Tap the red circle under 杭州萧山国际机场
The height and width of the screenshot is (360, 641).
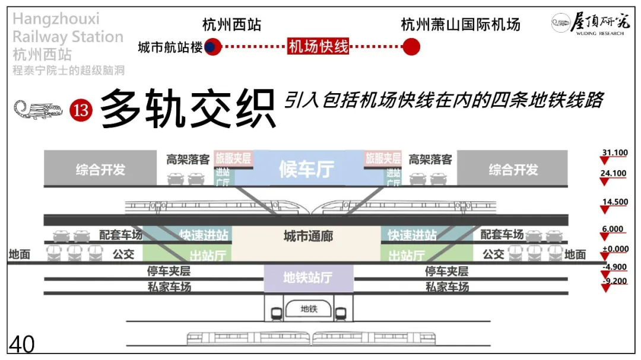coord(411,47)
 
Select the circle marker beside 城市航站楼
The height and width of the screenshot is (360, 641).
coord(212,47)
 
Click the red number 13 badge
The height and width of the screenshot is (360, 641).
coord(81,110)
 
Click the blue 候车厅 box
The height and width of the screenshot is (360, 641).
coord(307,169)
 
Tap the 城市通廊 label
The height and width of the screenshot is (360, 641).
coord(307,236)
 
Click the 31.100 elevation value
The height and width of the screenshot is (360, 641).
coord(614,153)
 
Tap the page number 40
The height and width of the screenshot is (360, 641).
coord(21,345)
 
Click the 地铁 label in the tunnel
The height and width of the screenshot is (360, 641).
coord(309,308)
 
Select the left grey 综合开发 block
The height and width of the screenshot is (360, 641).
coord(100,169)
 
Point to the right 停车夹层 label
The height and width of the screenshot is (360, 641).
coord(446,272)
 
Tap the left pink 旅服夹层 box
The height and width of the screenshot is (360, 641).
coord(233,158)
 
